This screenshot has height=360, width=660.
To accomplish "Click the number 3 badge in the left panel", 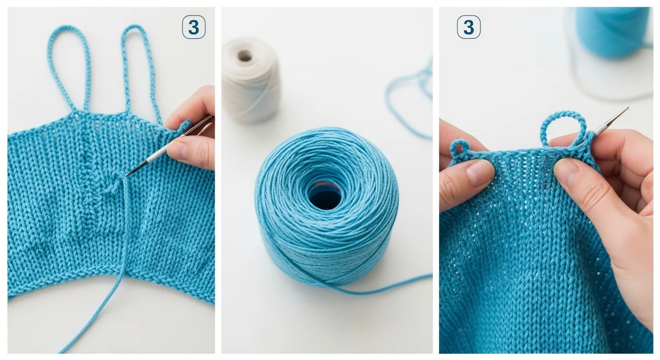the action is pyautogui.click(x=193, y=27).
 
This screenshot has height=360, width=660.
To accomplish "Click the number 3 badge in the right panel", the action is pyautogui.click(x=469, y=27).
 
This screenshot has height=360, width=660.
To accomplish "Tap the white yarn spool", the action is pyautogui.click(x=250, y=80).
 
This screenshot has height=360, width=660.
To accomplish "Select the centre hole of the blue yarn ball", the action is pyautogui.click(x=325, y=195).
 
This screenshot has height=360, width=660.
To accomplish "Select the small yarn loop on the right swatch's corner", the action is pyautogui.click(x=457, y=148).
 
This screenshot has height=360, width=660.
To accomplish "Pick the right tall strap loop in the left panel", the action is pyautogui.click(x=141, y=71).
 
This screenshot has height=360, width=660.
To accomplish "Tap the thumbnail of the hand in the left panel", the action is pyautogui.click(x=177, y=150).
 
